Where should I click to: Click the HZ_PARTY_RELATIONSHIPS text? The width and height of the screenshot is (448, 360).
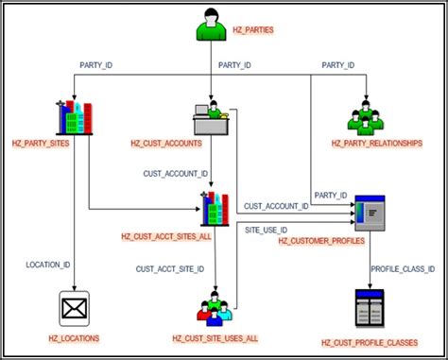(376, 143)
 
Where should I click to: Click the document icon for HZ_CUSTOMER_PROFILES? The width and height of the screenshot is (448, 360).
(369, 214)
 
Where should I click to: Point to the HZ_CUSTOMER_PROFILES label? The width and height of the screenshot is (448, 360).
(320, 241)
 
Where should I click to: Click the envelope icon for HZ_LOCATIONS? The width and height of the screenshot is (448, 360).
(73, 308)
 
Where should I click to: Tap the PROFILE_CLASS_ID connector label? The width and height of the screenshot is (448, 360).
(403, 268)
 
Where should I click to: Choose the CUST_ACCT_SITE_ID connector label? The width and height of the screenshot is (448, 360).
(168, 268)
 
